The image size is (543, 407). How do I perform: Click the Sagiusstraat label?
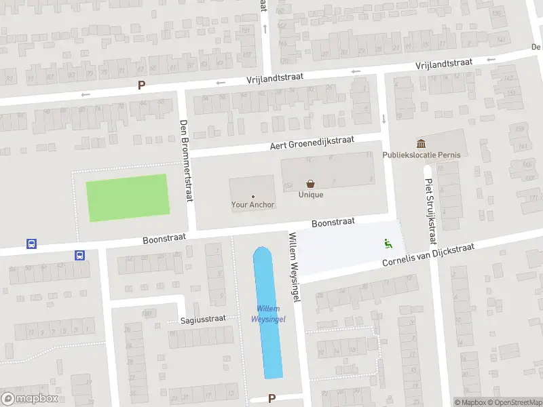coord(202,320)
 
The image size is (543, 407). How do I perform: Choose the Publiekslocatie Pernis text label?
coord(422,155)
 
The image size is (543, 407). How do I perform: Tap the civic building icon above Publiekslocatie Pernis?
coord(422,144)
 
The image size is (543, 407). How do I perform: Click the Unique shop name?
coord(311,195)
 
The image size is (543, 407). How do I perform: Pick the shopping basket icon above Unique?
coord(311,184)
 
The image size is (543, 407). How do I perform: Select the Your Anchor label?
coord(252,205)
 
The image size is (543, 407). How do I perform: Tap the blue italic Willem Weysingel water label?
coord(268,314)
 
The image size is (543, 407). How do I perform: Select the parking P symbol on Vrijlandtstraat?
coord(142,85)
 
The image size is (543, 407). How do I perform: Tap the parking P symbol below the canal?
coord(271,399)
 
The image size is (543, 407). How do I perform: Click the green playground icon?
coord(388,242)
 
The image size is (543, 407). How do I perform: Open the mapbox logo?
coord(31,399)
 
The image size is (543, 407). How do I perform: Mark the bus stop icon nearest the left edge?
coord(31,244)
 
